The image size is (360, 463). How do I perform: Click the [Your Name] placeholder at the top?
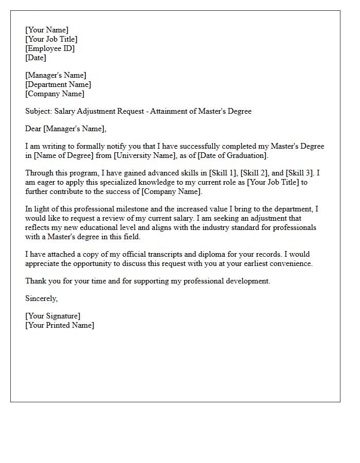point(47,30)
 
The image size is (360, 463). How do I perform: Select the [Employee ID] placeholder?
point(50,48)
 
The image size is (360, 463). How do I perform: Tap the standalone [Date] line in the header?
point(36,58)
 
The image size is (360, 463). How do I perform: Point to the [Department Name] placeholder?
point(58,84)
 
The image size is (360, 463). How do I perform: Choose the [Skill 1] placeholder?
point(224,173)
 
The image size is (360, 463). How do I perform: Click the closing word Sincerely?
point(42,298)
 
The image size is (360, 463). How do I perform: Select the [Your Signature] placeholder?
point(53,316)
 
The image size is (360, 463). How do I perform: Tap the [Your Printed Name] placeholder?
point(60,325)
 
